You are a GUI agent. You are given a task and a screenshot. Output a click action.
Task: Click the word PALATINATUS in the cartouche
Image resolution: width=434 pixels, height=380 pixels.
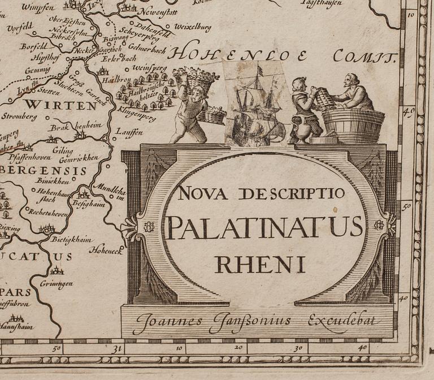265,227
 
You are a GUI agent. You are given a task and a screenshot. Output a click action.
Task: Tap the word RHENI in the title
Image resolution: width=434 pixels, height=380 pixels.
259,264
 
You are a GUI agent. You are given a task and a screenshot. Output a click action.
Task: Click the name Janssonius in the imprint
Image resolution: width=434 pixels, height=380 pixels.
250,321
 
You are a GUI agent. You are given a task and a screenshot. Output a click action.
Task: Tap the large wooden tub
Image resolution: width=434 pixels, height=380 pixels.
353,125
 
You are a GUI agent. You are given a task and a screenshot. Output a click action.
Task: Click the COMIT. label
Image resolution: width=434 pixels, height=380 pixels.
362,55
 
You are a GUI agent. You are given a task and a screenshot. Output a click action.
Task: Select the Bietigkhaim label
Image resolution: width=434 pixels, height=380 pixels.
72,239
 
